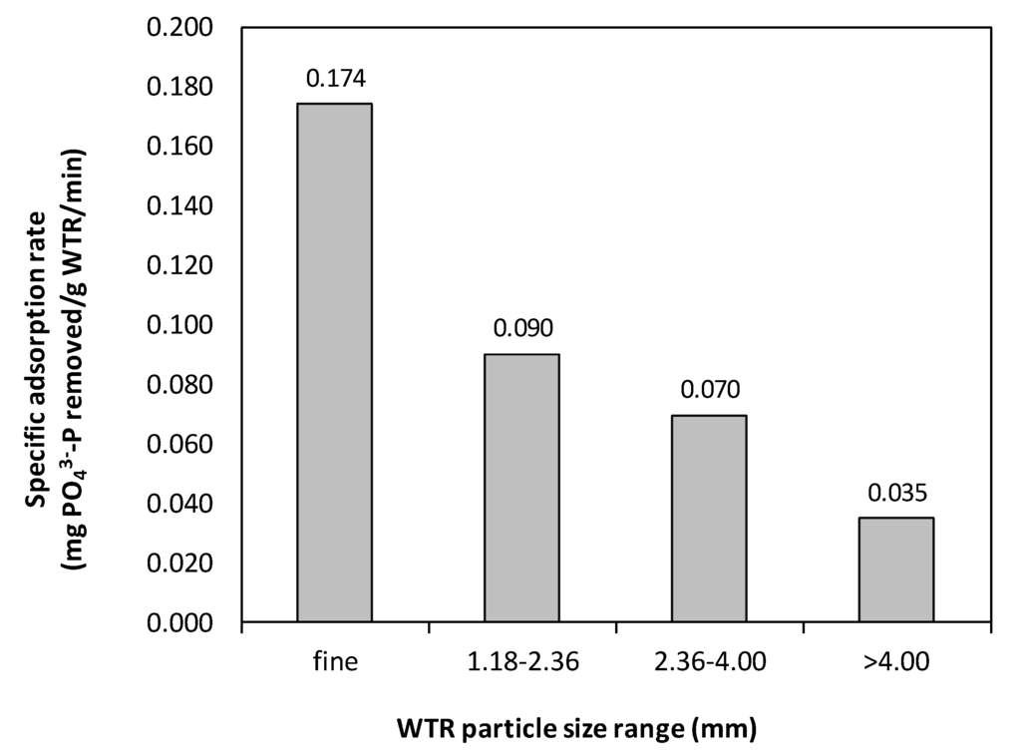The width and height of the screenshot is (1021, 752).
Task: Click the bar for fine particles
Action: pyautogui.click(x=334, y=363)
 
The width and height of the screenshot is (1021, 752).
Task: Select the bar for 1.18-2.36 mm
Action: pyautogui.click(x=521, y=488)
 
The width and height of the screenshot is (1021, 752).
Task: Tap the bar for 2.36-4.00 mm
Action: pyautogui.click(x=709, y=519)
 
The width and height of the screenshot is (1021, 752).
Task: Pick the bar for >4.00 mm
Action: pyautogui.click(x=895, y=569)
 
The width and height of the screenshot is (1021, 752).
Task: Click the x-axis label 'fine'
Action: pyautogui.click(x=334, y=661)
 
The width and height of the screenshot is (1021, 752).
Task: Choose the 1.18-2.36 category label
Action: pyautogui.click(x=521, y=661)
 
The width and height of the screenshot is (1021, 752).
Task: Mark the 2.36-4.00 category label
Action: pyautogui.click(x=709, y=661)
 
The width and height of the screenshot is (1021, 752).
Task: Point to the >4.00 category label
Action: pyautogui.click(x=895, y=661)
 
